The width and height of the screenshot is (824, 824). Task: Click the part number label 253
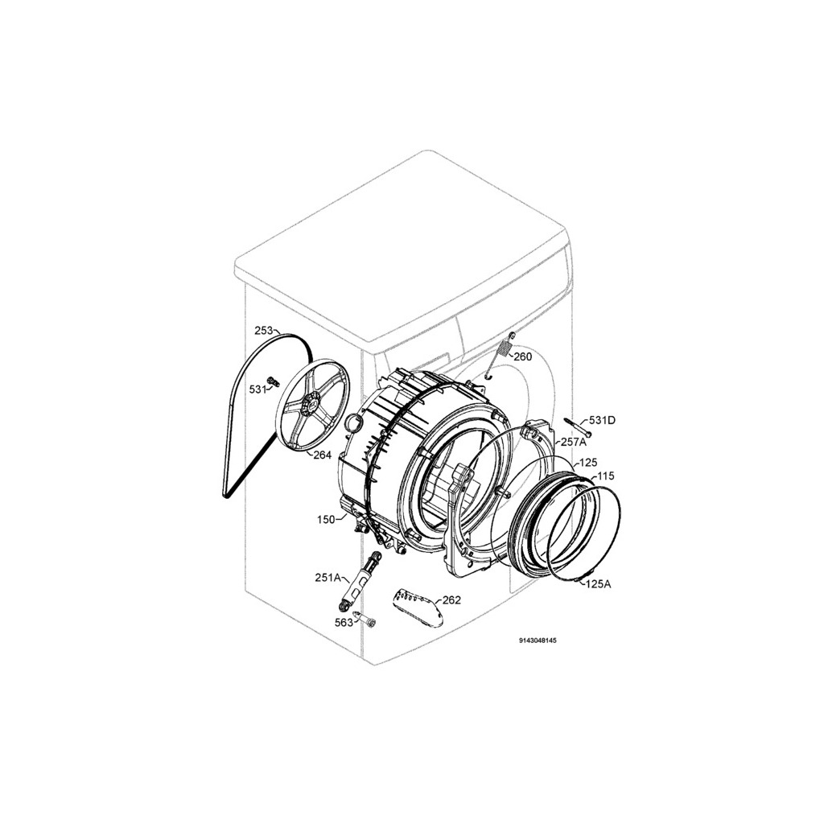point(263,331)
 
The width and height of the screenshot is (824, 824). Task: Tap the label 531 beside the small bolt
point(257,390)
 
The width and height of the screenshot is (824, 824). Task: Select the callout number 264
point(322,455)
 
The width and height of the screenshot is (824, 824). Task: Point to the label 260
point(523,356)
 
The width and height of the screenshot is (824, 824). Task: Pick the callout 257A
point(572,442)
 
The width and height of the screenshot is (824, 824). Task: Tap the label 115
point(606,476)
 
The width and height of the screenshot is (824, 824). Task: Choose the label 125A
point(599,583)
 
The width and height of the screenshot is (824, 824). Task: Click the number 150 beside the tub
point(326,520)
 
